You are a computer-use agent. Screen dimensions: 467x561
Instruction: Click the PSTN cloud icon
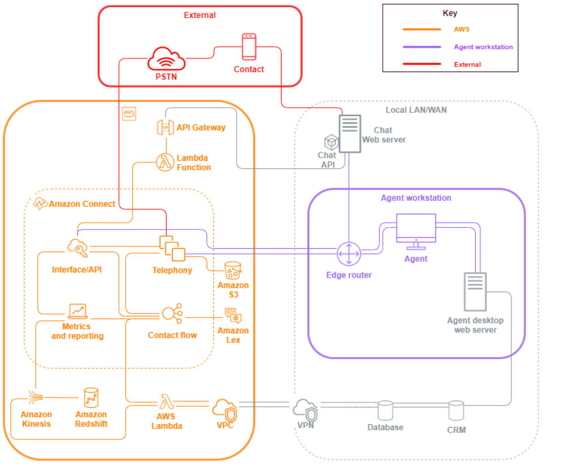pyautogui.click(x=166, y=59)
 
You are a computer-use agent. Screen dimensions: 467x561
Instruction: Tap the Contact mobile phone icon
pyautogui.click(x=249, y=47)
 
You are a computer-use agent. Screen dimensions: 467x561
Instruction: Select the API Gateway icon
pyautogui.click(x=165, y=127)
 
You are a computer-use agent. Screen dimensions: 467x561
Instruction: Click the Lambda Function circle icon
pyautogui.click(x=164, y=162)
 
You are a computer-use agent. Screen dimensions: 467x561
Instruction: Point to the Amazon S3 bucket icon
pyautogui.click(x=233, y=271)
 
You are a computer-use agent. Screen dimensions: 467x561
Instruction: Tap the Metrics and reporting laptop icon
pyautogui.click(x=77, y=311)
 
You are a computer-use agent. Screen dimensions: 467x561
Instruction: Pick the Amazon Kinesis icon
pyautogui.click(x=36, y=398)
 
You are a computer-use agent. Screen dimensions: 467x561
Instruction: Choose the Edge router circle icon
pyautogui.click(x=348, y=254)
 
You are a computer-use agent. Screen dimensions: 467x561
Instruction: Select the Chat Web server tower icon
pyautogui.click(x=349, y=133)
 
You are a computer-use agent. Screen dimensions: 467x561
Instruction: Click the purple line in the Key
pyautogui.click(x=422, y=47)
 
